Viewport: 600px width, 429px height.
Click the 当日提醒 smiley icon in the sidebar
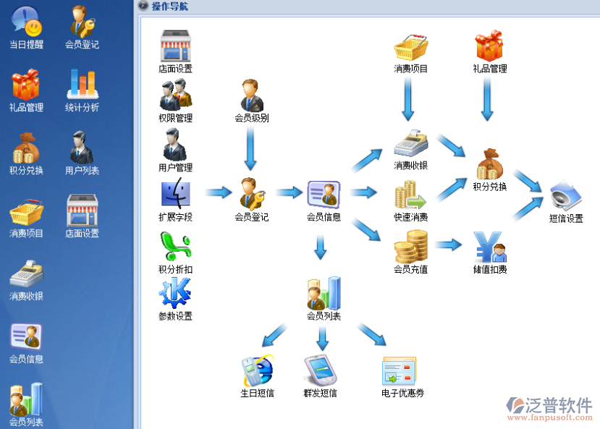25,20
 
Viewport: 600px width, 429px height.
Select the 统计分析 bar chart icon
82,84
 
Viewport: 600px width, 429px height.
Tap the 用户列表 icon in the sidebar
82,148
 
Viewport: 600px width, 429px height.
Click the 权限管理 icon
175,95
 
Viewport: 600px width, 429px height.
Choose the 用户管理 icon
175,145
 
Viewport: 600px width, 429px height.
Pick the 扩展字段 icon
175,193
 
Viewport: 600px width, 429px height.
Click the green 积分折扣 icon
175,246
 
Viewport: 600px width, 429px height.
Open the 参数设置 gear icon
175,293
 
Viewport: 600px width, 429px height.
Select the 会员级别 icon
251,95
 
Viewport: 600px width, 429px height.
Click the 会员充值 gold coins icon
410,246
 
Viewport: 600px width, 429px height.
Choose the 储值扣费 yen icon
490,246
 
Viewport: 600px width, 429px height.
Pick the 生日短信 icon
257,370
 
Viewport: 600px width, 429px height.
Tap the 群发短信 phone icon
321,370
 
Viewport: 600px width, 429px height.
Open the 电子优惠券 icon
399,370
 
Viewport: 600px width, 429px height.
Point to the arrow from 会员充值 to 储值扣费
449,245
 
